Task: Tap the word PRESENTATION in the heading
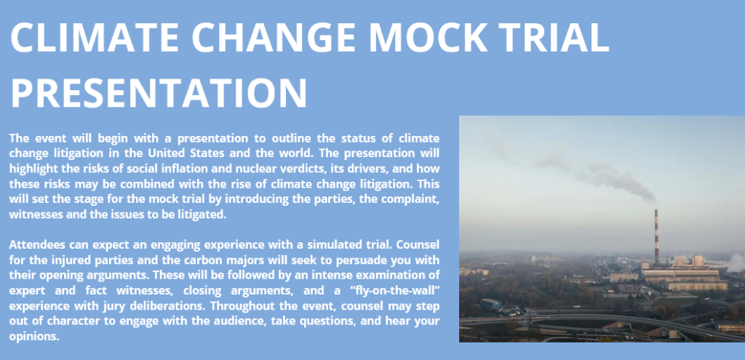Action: pos(159,92)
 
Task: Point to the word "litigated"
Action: pos(201,215)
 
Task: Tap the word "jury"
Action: pos(108,306)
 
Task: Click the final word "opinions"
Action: pos(34,337)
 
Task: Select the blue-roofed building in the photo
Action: pos(490,303)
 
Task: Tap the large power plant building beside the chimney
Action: pos(683,273)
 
